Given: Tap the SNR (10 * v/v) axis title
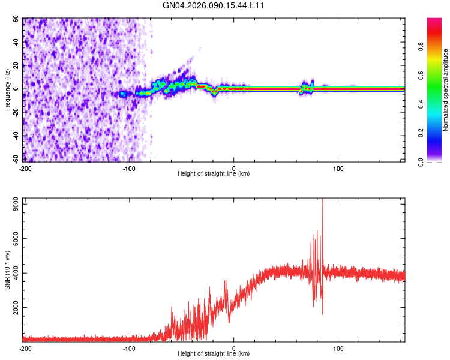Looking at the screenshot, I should coord(7,268).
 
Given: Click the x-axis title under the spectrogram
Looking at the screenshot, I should coord(214,174).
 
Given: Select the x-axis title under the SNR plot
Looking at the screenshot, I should coord(214,354).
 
